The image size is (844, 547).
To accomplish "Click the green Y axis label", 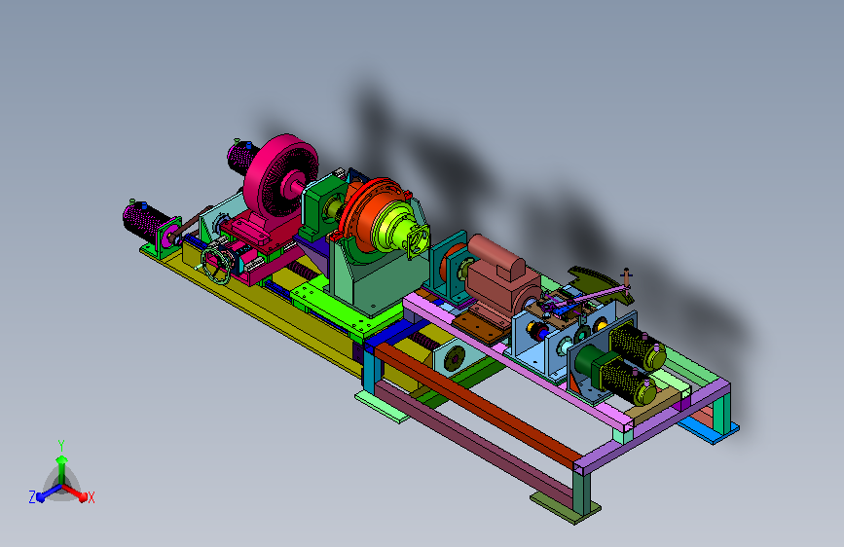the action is [x=61, y=446].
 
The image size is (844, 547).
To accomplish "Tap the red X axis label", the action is [x=92, y=497].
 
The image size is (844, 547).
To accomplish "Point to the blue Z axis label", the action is [x=32, y=497].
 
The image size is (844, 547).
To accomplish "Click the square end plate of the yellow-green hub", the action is [x=419, y=240].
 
